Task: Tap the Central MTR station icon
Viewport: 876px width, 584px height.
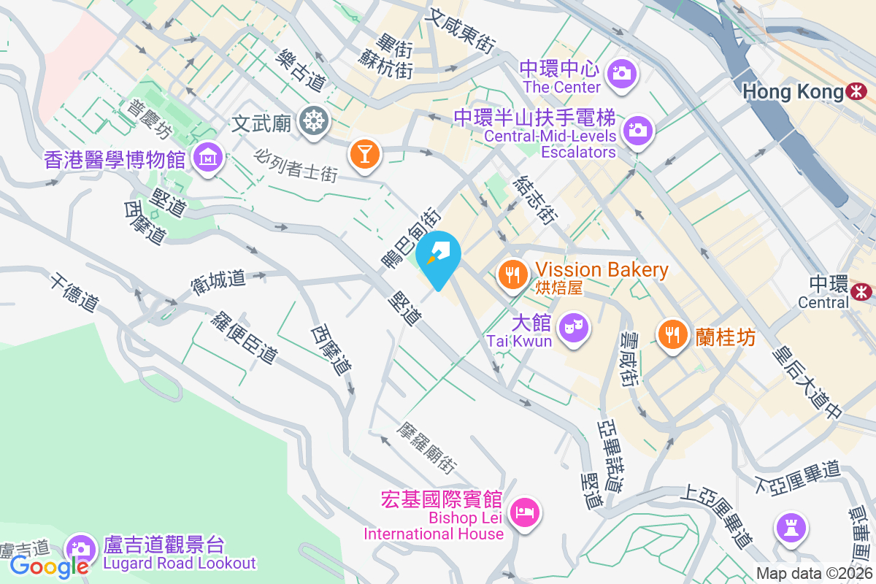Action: coord(861,291)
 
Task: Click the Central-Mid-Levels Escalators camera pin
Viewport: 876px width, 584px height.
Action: coord(638,131)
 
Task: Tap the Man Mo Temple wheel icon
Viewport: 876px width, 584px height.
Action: coord(314,121)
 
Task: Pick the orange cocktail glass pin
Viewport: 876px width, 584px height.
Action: coord(364,154)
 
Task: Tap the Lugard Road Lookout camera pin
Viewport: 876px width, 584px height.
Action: coord(80,549)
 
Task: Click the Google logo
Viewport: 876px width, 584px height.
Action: coord(49,566)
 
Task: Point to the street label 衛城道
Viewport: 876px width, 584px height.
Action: coord(219,281)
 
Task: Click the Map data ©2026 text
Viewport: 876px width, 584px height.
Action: coord(814,574)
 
